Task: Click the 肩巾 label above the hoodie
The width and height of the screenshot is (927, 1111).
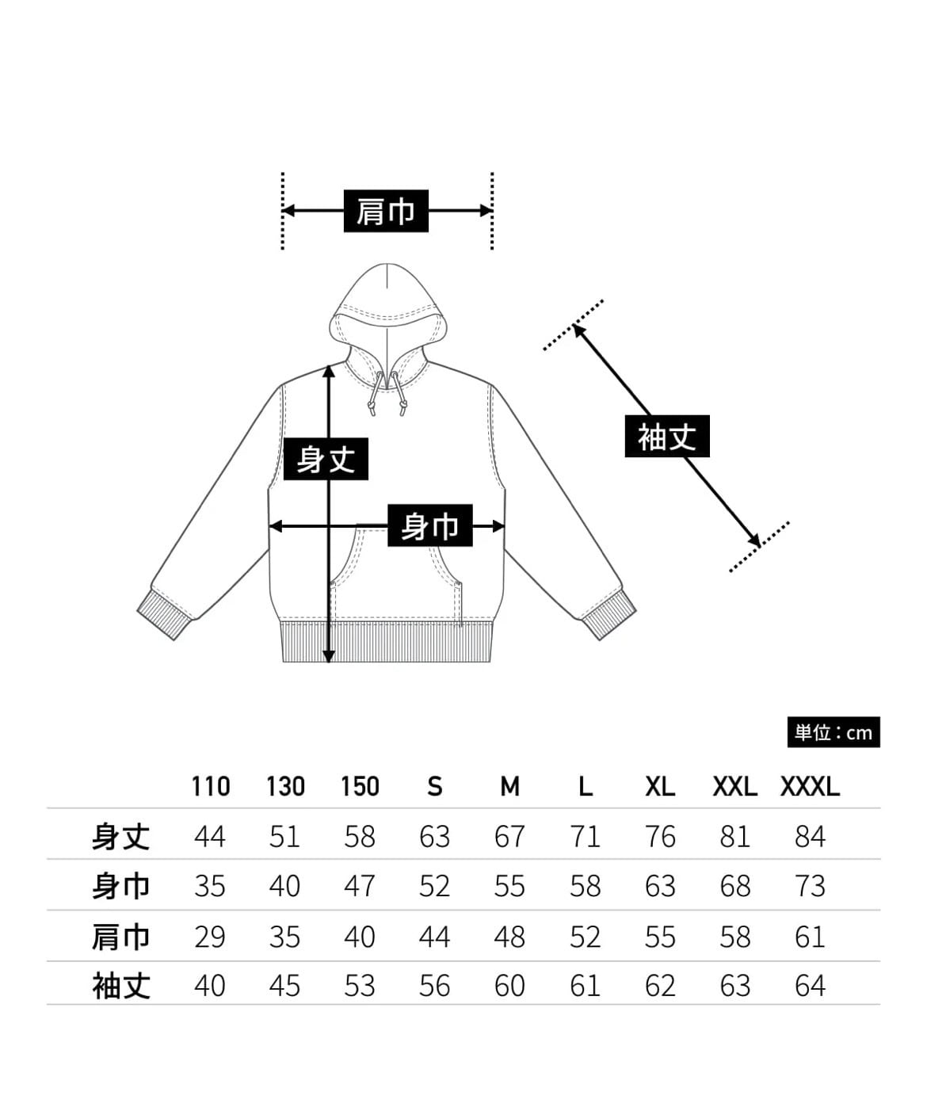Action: [x=386, y=211]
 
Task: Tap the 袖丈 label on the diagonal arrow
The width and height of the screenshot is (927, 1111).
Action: [x=667, y=437]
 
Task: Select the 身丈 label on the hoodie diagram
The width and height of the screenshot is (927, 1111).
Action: [x=326, y=459]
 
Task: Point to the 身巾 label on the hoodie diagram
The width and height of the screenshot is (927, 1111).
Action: [x=429, y=525]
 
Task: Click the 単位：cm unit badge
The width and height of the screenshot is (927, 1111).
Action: [x=833, y=732]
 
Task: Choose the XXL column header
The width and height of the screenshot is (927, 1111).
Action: [x=734, y=786]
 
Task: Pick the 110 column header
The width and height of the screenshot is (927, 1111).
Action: [x=210, y=786]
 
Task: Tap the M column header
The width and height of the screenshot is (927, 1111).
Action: [x=509, y=786]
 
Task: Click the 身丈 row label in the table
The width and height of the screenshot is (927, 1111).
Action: [x=120, y=836]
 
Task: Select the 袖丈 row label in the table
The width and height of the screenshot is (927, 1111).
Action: [x=120, y=986]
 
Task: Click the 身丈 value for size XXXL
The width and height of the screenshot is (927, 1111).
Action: [x=810, y=836]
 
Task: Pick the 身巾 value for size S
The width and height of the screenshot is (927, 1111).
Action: [x=434, y=886]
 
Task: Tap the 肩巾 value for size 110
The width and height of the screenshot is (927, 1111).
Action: [x=210, y=937]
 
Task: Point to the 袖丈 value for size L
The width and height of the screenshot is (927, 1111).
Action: [x=585, y=986]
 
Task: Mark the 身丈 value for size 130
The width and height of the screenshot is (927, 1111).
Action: [x=284, y=836]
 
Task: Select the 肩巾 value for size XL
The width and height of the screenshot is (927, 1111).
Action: [x=660, y=937]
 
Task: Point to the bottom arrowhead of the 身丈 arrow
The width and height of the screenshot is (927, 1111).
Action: [x=329, y=655]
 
